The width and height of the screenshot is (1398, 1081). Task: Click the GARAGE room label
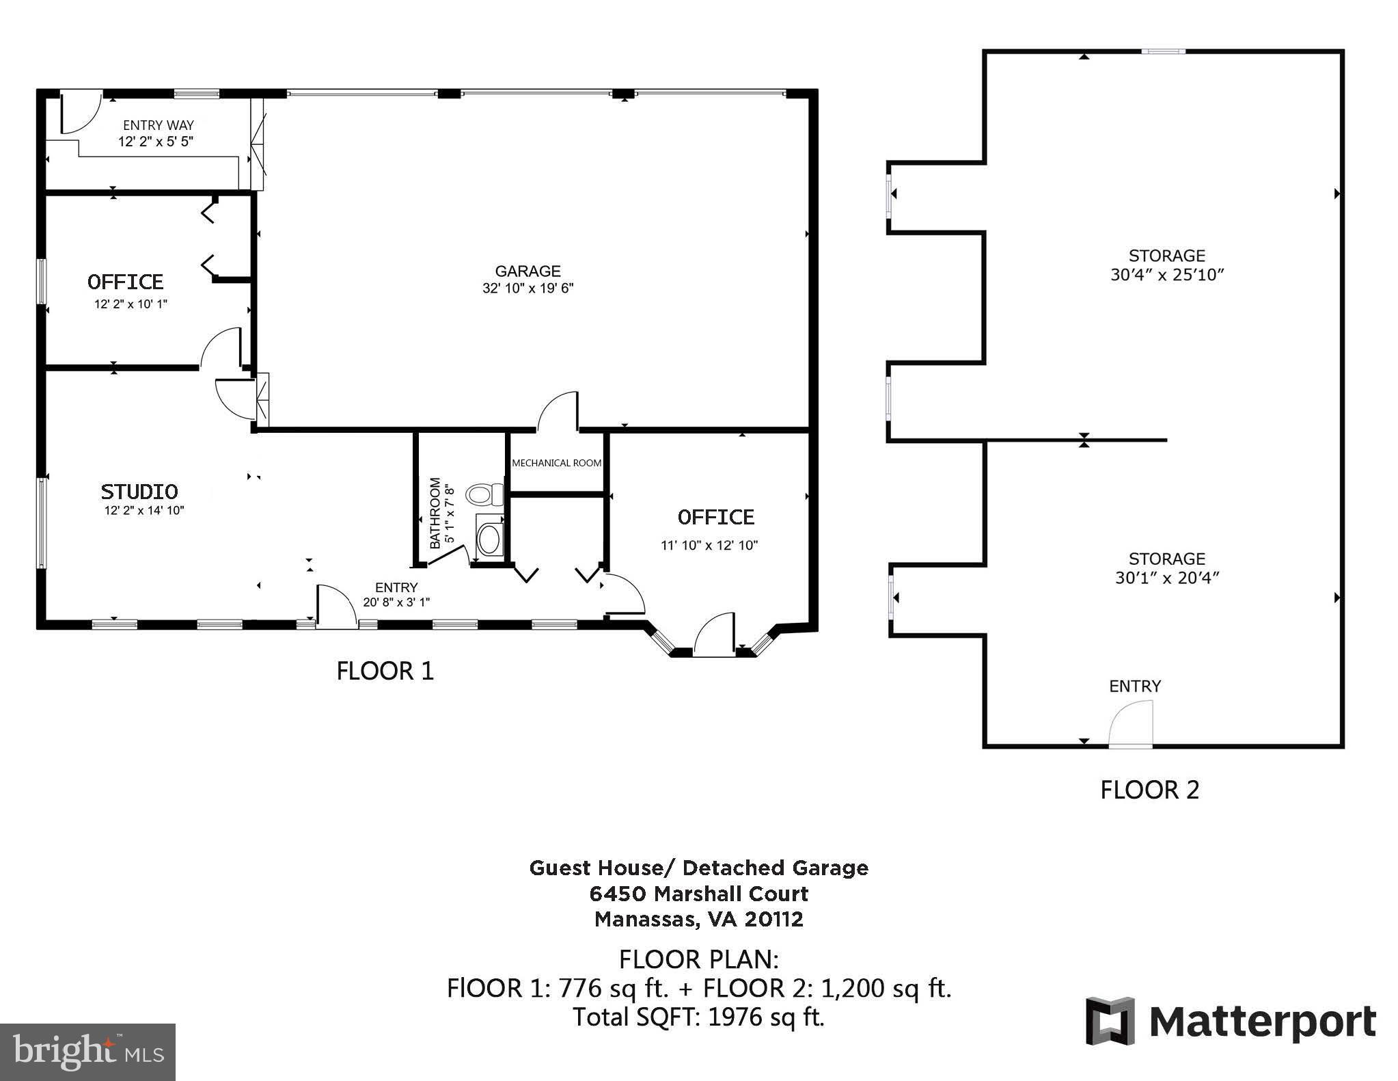pos(527,271)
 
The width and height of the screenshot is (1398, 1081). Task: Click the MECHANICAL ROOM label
pos(556,463)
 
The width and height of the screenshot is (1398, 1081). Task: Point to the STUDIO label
pos(139,491)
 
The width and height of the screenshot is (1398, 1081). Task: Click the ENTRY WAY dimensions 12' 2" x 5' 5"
pos(156,142)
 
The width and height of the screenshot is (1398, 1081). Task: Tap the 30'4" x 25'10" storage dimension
pos(1166,275)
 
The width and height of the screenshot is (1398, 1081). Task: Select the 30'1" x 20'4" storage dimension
pos(1166,578)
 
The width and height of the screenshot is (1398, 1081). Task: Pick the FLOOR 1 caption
pos(385,671)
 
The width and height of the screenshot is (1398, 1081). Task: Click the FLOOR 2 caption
pos(1149,790)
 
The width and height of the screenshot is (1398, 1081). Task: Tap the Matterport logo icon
pos(1110,1021)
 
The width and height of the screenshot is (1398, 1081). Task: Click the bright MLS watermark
pos(87,1052)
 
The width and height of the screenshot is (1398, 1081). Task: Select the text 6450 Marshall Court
pos(698,894)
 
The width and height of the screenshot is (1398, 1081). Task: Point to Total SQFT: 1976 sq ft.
pos(698,1017)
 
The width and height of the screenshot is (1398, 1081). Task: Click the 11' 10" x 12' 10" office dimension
pos(709,545)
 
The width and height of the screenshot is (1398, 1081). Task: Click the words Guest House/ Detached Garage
pos(698,868)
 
